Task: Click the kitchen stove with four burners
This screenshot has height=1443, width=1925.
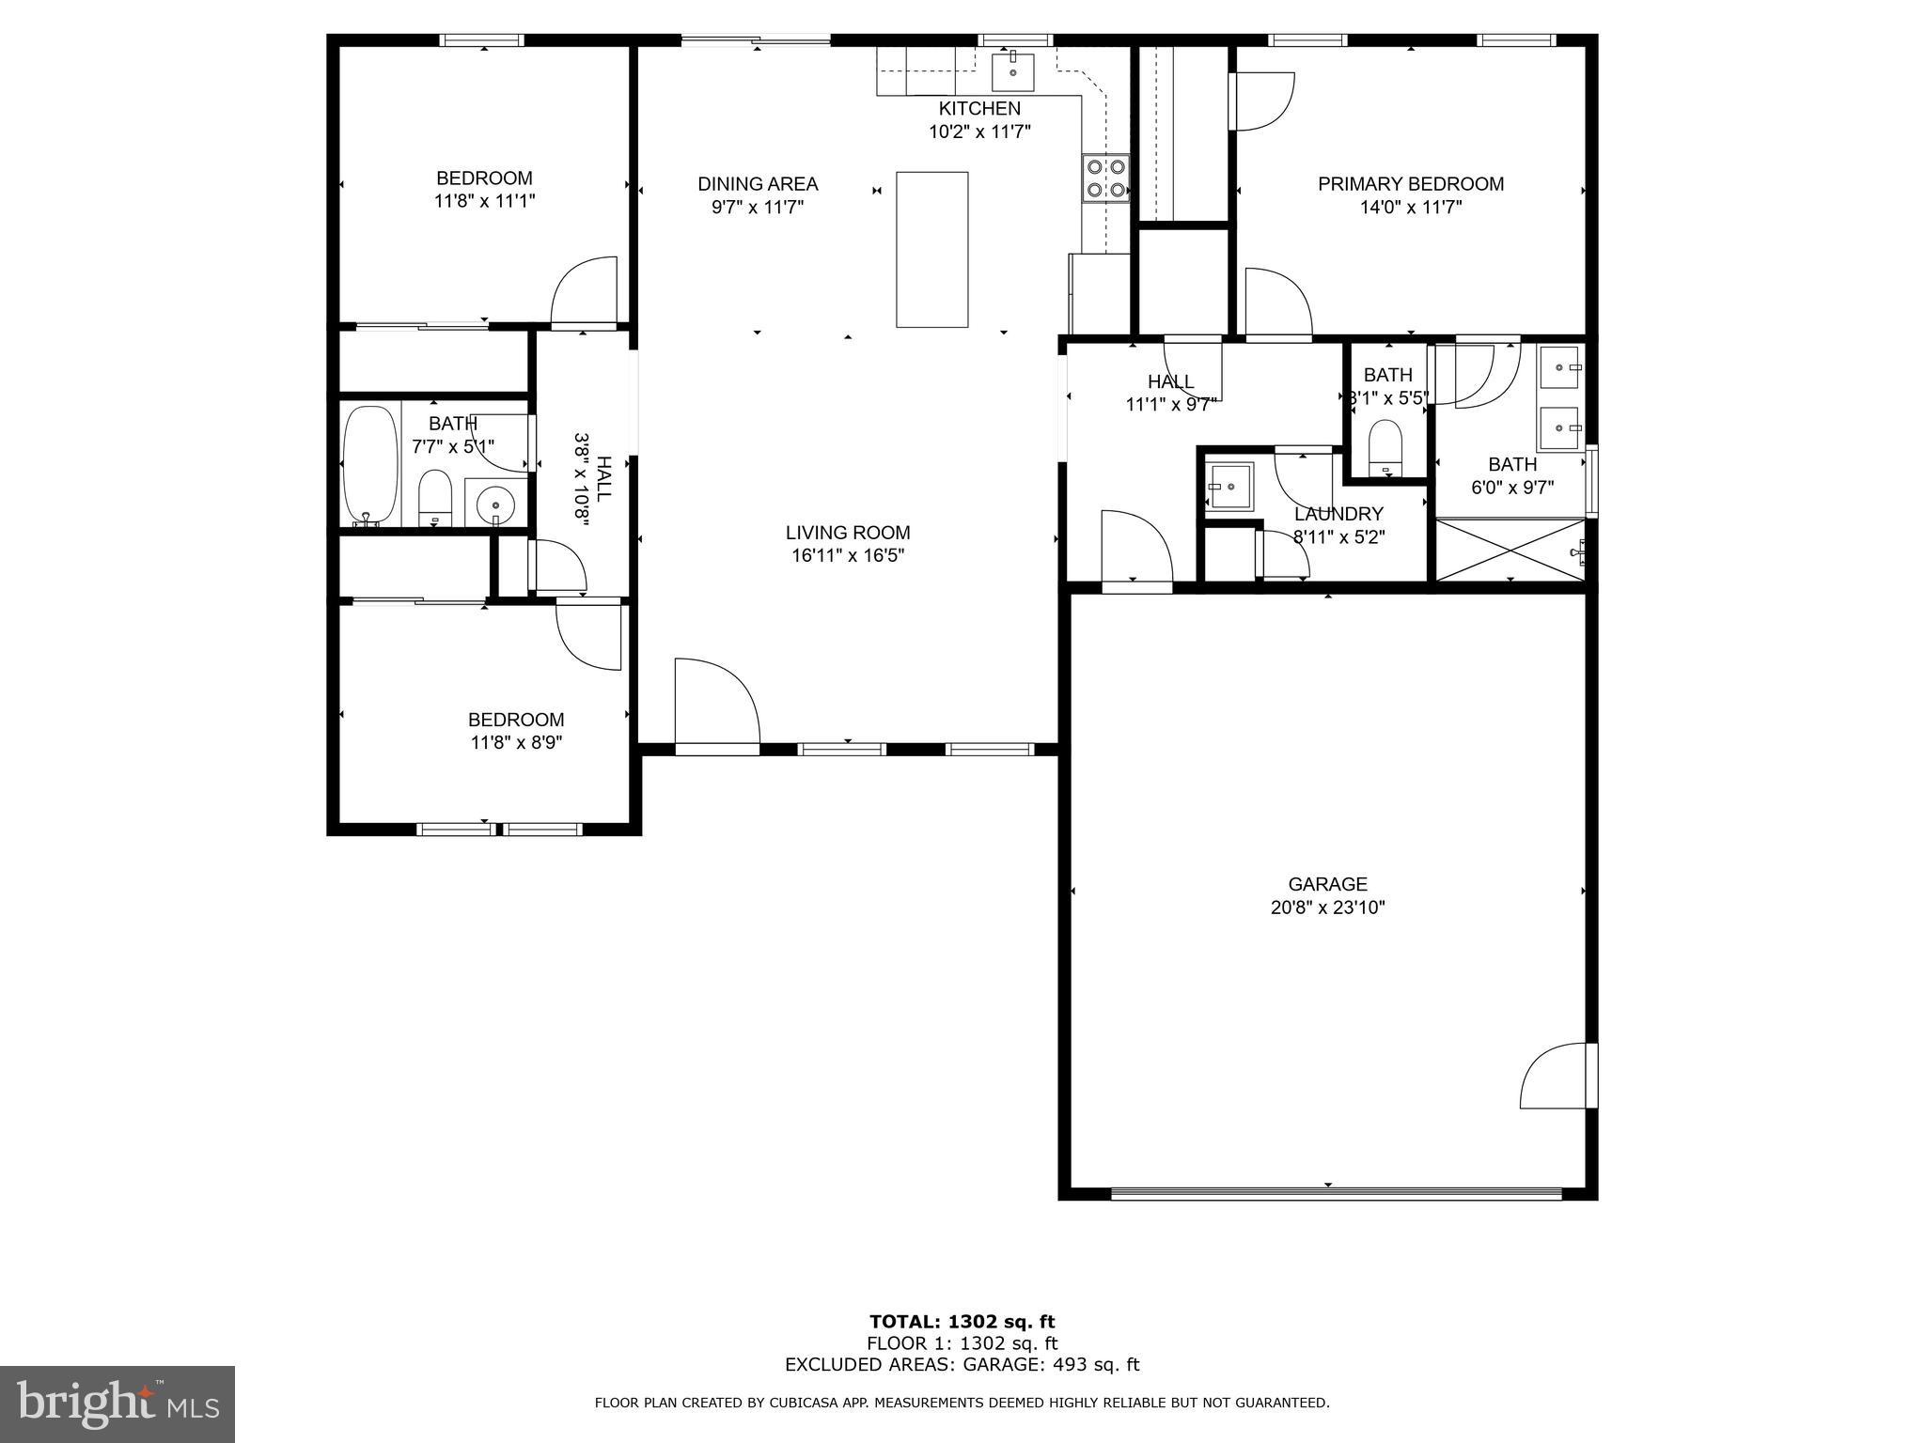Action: [1105, 178]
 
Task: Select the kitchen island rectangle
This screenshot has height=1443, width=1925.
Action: [931, 249]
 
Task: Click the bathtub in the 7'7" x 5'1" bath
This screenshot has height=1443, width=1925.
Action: [370, 464]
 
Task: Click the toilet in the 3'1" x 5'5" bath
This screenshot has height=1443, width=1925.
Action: [1385, 447]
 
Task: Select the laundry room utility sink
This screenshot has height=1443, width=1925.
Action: [1230, 487]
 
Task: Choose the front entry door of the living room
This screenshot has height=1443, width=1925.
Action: [714, 705]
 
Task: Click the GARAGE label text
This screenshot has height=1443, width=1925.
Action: [1327, 884]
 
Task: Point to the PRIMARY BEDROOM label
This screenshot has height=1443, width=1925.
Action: [1410, 184]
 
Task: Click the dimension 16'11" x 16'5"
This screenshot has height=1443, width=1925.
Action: [848, 555]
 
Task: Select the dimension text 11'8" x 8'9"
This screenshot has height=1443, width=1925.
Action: [516, 742]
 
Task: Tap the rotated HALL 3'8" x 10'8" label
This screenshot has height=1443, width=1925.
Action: [594, 479]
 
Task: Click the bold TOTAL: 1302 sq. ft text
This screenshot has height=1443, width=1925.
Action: [962, 1322]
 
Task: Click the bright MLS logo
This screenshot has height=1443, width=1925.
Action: [117, 1404]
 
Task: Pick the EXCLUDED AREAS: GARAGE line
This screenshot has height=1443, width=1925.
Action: [962, 1364]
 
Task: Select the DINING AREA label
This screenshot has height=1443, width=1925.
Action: [758, 184]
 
